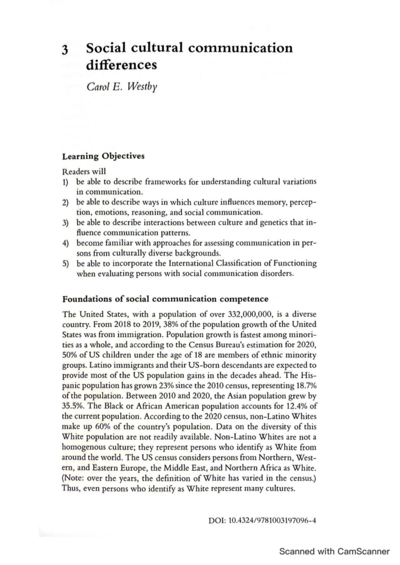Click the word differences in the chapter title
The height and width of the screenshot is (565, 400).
[x=121, y=65]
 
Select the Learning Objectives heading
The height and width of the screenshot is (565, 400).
[x=103, y=156]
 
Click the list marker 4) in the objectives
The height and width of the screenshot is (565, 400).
[x=66, y=243]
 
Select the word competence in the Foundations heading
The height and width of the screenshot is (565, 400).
[x=244, y=299]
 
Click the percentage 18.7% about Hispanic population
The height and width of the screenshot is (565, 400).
[x=306, y=386]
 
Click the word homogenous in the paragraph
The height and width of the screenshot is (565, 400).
[x=84, y=447]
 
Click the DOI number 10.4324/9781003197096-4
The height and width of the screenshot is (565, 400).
[x=272, y=520]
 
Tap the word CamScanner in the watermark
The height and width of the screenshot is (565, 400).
[x=363, y=551]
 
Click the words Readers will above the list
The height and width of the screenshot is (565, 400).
[x=84, y=172]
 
